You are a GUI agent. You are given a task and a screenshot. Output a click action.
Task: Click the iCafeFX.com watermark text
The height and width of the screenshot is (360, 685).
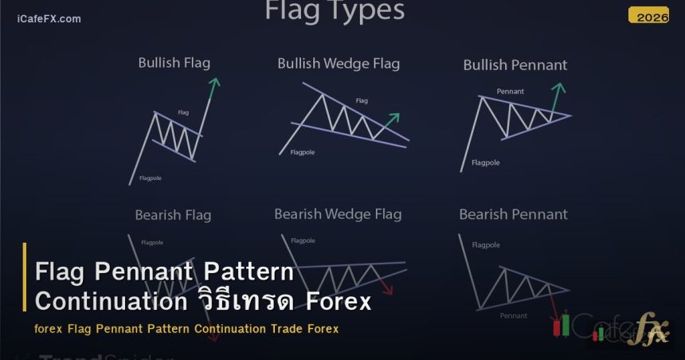tap(49, 18)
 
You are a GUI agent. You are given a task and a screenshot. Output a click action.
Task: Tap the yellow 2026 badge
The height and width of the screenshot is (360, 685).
tap(648, 15)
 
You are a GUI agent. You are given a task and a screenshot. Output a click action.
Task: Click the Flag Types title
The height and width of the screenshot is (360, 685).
tap(334, 11)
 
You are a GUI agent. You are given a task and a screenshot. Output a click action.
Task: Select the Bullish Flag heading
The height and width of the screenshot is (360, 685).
tap(174, 63)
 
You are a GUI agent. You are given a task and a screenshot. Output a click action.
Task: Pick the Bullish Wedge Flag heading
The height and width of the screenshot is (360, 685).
tap(339, 64)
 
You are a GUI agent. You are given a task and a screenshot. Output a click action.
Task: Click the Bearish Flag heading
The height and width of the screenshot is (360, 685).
tap(173, 215)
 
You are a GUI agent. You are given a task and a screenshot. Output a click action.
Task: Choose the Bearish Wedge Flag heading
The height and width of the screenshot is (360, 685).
tap(338, 214)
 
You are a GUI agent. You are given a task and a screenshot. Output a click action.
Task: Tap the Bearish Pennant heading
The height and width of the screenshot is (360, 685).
tap(514, 214)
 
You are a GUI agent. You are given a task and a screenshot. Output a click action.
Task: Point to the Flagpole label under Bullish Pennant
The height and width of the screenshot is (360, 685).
tap(486, 162)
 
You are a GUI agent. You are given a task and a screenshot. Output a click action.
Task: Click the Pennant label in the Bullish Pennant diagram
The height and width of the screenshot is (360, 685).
tap(510, 92)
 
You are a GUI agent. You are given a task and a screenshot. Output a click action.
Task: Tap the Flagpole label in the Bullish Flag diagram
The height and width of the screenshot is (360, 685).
tap(150, 178)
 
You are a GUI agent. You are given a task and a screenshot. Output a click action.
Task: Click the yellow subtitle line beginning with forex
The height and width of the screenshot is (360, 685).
tap(186, 329)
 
